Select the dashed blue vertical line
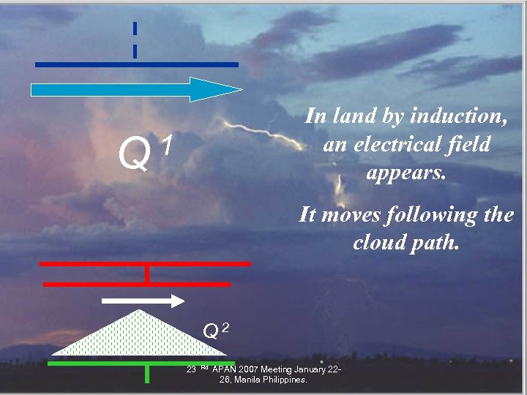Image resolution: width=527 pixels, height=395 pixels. (x=135, y=39)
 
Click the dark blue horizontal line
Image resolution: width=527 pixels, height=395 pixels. (x=136, y=64)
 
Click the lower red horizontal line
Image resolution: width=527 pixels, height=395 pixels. (x=136, y=283)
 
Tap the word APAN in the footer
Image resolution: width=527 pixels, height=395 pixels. (x=227, y=369)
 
